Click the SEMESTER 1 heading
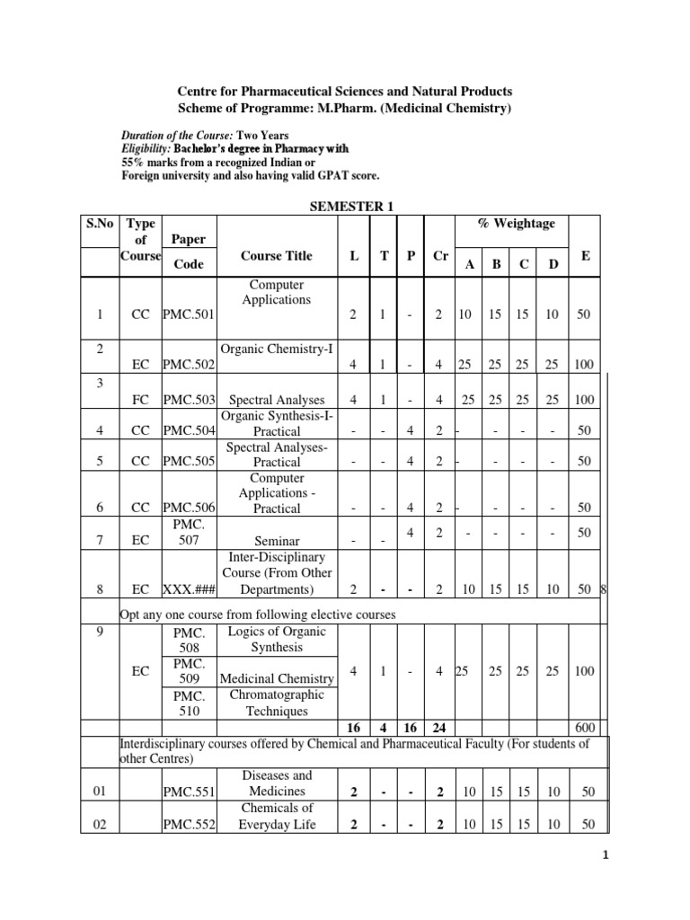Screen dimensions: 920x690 click(351, 206)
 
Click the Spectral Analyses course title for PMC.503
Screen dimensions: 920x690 click(278, 398)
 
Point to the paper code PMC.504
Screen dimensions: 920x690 click(188, 430)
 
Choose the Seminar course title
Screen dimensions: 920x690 click(278, 542)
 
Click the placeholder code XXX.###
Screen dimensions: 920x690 click(188, 589)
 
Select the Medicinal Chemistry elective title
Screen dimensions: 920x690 click(278, 678)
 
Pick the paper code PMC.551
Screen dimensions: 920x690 click(190, 792)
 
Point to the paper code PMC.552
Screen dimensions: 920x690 click(190, 825)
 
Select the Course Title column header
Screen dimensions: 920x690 click(277, 256)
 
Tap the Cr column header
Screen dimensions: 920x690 click(440, 256)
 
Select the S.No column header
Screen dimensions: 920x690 click(101, 224)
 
